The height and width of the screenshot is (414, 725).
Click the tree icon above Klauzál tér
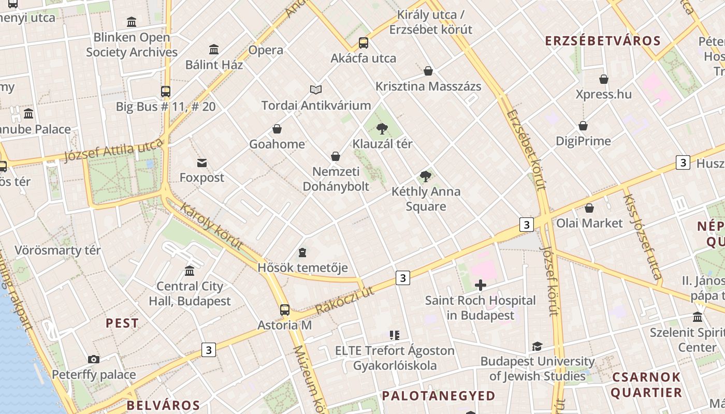(x=382, y=128)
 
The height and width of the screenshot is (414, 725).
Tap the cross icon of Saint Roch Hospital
(x=481, y=285)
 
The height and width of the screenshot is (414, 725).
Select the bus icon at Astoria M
(x=285, y=310)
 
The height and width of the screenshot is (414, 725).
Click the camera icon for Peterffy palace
(x=94, y=359)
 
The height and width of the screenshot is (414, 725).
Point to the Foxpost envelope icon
(x=202, y=163)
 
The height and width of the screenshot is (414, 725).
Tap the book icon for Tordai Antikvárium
(x=316, y=90)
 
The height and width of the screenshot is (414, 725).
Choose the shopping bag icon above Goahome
(x=277, y=129)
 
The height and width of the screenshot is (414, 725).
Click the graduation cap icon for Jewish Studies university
(x=538, y=346)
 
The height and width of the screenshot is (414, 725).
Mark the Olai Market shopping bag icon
(x=589, y=208)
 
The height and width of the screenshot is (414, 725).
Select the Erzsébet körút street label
(x=527, y=150)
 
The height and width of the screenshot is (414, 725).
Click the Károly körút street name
(x=211, y=226)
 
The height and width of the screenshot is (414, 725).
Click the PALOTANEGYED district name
(x=439, y=396)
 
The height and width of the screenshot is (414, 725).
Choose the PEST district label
(x=122, y=323)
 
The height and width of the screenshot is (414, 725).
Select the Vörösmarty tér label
(x=57, y=250)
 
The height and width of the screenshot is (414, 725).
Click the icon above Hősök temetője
(x=302, y=253)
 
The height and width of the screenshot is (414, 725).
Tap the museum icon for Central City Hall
(x=190, y=271)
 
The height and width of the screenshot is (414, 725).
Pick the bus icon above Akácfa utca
(x=364, y=43)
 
